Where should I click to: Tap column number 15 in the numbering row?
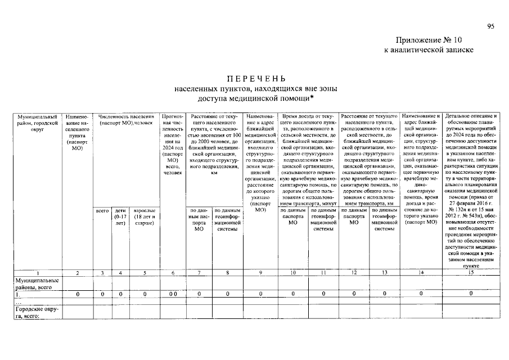(471, 273)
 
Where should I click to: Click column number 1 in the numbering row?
(37, 273)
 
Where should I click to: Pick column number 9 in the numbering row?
(261, 273)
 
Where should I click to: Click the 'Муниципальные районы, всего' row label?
(37, 283)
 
